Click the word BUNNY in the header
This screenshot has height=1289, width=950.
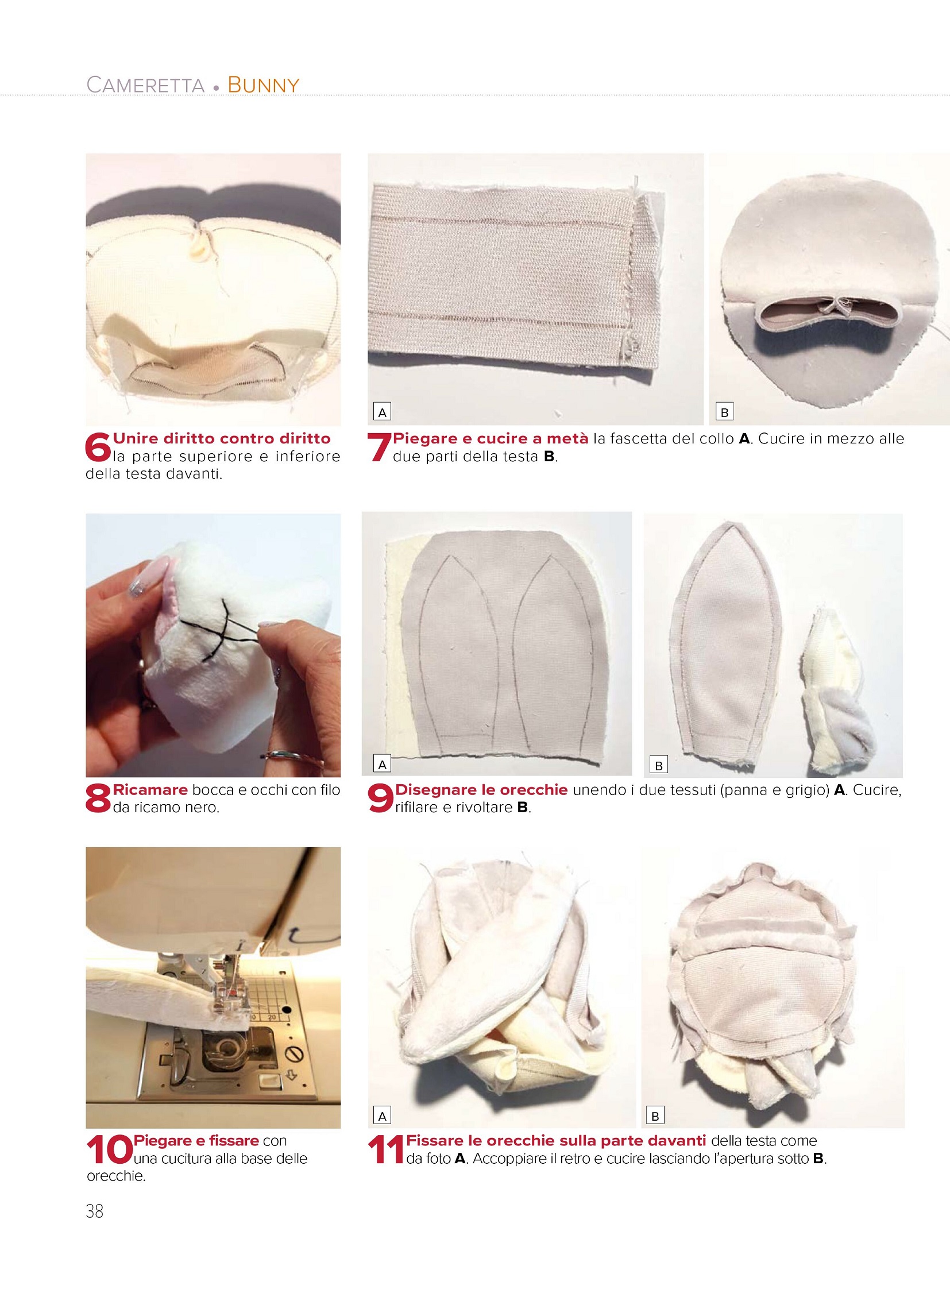264,84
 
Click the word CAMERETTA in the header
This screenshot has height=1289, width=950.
145,84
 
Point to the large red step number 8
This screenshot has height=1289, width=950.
97,798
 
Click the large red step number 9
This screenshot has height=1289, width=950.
380,798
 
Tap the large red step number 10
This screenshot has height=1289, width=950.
109,1150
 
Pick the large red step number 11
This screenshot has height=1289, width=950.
385,1150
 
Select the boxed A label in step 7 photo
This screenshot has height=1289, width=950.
382,412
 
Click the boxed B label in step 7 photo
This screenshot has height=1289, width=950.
724,412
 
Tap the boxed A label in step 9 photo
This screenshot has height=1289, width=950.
382,765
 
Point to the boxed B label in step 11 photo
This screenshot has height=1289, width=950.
655,1116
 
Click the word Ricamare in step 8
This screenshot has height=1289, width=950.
150,790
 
